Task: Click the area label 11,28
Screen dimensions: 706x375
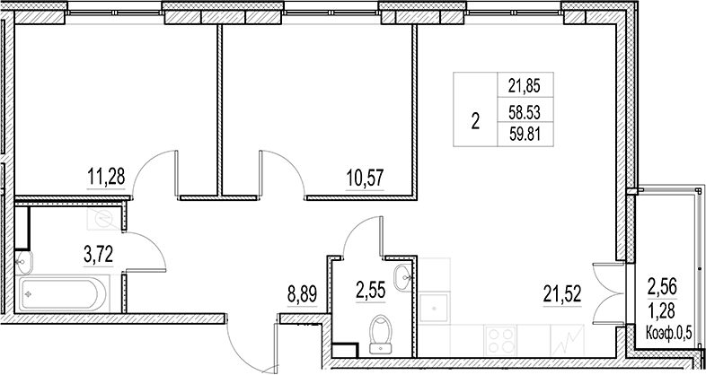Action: [x=105, y=176]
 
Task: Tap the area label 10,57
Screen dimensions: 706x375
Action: [x=365, y=178]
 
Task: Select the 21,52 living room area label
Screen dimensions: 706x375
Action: [x=562, y=294]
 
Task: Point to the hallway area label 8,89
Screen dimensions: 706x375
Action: [x=302, y=294]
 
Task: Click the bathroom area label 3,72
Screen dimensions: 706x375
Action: [x=98, y=255]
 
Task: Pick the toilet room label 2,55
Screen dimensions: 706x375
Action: [x=371, y=291]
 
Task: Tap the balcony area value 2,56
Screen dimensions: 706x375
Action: [x=662, y=286]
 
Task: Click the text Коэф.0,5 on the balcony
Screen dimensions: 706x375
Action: [x=668, y=334]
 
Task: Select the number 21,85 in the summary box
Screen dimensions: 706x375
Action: [x=524, y=85]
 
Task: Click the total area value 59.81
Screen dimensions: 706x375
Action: [x=525, y=135]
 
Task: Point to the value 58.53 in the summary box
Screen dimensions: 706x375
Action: [x=525, y=112]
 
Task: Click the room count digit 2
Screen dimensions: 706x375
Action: [x=475, y=121]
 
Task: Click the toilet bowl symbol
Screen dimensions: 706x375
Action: [x=382, y=335]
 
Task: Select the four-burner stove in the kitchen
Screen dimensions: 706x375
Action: [x=500, y=340]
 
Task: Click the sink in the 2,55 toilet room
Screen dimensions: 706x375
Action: [x=403, y=278]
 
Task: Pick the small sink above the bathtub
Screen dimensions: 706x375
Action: [x=24, y=262]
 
